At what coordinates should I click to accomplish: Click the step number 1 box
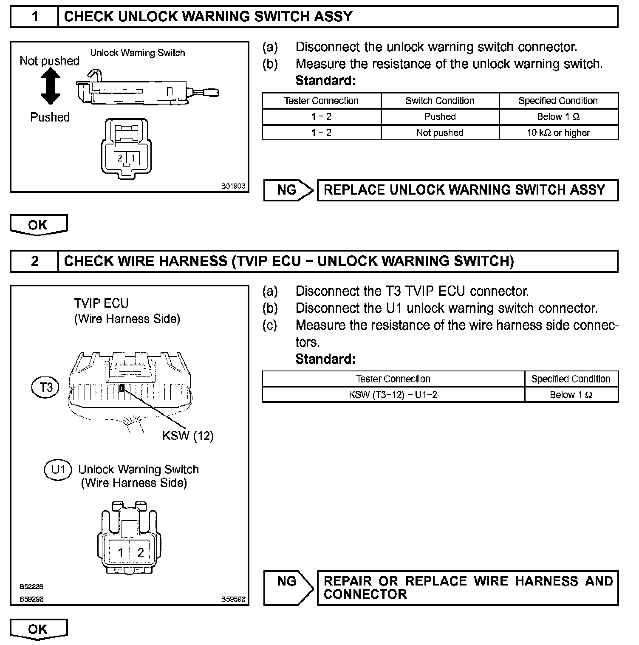coord(34,17)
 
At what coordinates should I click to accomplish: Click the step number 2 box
coord(34,261)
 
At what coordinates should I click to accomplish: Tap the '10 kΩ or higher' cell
coord(558,133)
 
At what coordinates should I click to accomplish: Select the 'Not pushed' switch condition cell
coord(440,133)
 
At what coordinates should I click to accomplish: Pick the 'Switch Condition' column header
coord(440,101)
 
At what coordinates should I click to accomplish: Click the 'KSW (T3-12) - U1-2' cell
coord(393,395)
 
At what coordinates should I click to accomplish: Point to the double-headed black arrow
coord(50,87)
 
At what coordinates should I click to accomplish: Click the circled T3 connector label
coord(46,387)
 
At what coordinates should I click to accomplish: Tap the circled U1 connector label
coord(58,470)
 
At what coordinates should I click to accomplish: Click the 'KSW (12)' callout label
coord(188,436)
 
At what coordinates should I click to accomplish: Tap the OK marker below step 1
coord(38,225)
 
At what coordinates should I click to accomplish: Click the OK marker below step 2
coord(38,629)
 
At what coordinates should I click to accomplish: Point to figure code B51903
coord(233,186)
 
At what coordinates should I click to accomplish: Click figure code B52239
coord(31,586)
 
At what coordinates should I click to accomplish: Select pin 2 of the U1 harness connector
coord(141,552)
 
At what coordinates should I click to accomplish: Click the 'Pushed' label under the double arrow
coord(50,117)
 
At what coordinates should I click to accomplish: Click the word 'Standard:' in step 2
coord(325,359)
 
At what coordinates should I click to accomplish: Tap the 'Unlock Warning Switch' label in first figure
coord(138,53)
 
